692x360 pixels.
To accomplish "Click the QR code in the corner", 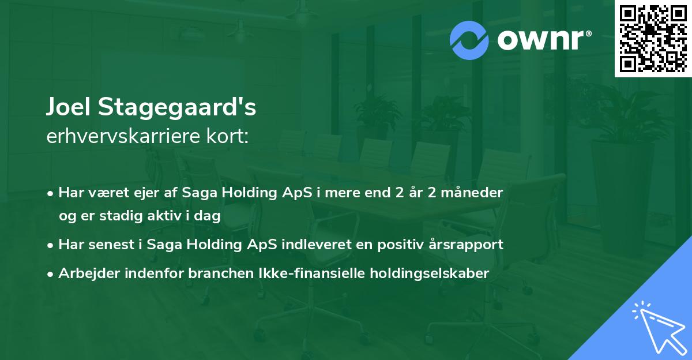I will tap(653, 39).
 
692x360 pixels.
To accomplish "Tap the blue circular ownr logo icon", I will tap(469, 40).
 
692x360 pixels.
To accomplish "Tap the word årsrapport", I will tap(470, 245).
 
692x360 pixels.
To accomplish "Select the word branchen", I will tap(213, 273).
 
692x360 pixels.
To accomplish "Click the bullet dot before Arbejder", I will tap(51, 274).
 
